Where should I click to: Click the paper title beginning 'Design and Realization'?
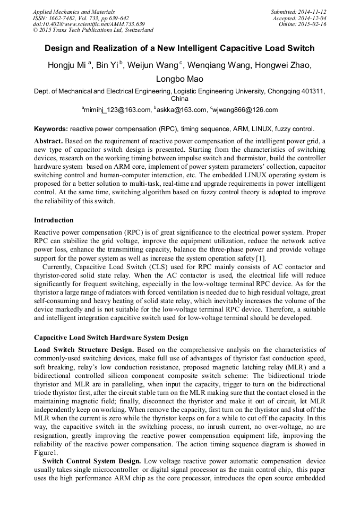click(x=179, y=48)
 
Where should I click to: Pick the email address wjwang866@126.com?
click(x=245, y=110)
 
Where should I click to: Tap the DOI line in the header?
click(x=89, y=24)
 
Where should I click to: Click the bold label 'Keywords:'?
click(x=51, y=129)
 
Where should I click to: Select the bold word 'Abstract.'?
click(x=49, y=141)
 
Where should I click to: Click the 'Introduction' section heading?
click(x=54, y=220)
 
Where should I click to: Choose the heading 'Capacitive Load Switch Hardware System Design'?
click(x=111, y=338)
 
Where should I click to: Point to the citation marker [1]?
click(x=261, y=258)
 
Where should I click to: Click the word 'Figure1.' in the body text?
click(x=45, y=452)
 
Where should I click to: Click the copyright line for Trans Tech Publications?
click(x=93, y=31)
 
